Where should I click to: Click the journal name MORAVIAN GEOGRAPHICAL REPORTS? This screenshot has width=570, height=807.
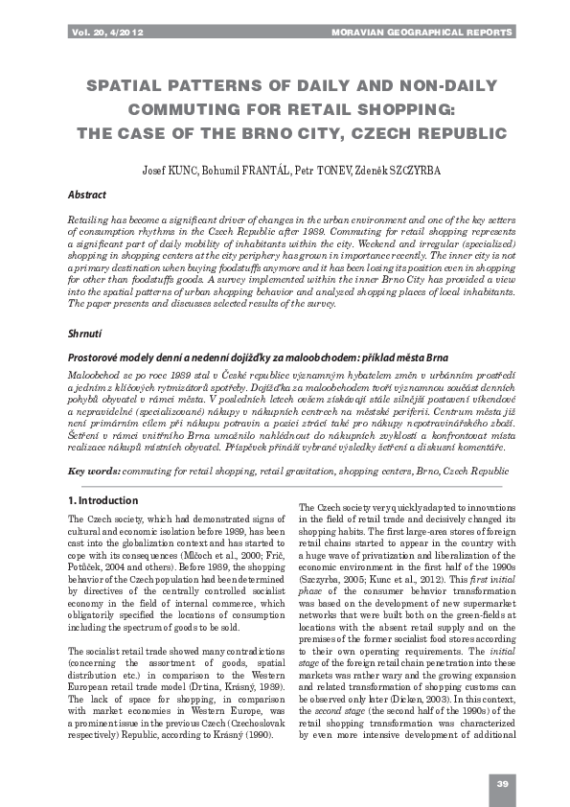422,33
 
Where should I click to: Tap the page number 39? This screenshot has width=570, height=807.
502,785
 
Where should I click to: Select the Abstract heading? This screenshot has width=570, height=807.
87,195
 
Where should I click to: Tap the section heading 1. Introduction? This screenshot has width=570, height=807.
103,500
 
